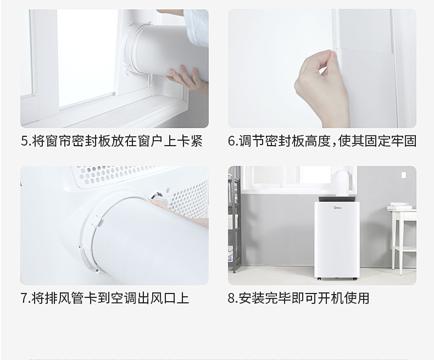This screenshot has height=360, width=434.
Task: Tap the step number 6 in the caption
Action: [232, 141]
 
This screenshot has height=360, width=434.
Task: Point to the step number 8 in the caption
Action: [232, 298]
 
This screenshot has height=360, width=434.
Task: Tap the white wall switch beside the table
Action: [404, 175]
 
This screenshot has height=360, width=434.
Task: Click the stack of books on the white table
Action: [399, 207]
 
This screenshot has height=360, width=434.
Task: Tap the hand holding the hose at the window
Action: [184, 77]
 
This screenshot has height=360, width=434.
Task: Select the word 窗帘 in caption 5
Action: [60, 141]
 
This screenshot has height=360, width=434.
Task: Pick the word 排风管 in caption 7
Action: [60, 298]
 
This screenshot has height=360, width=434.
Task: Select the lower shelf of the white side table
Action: [404, 242]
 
